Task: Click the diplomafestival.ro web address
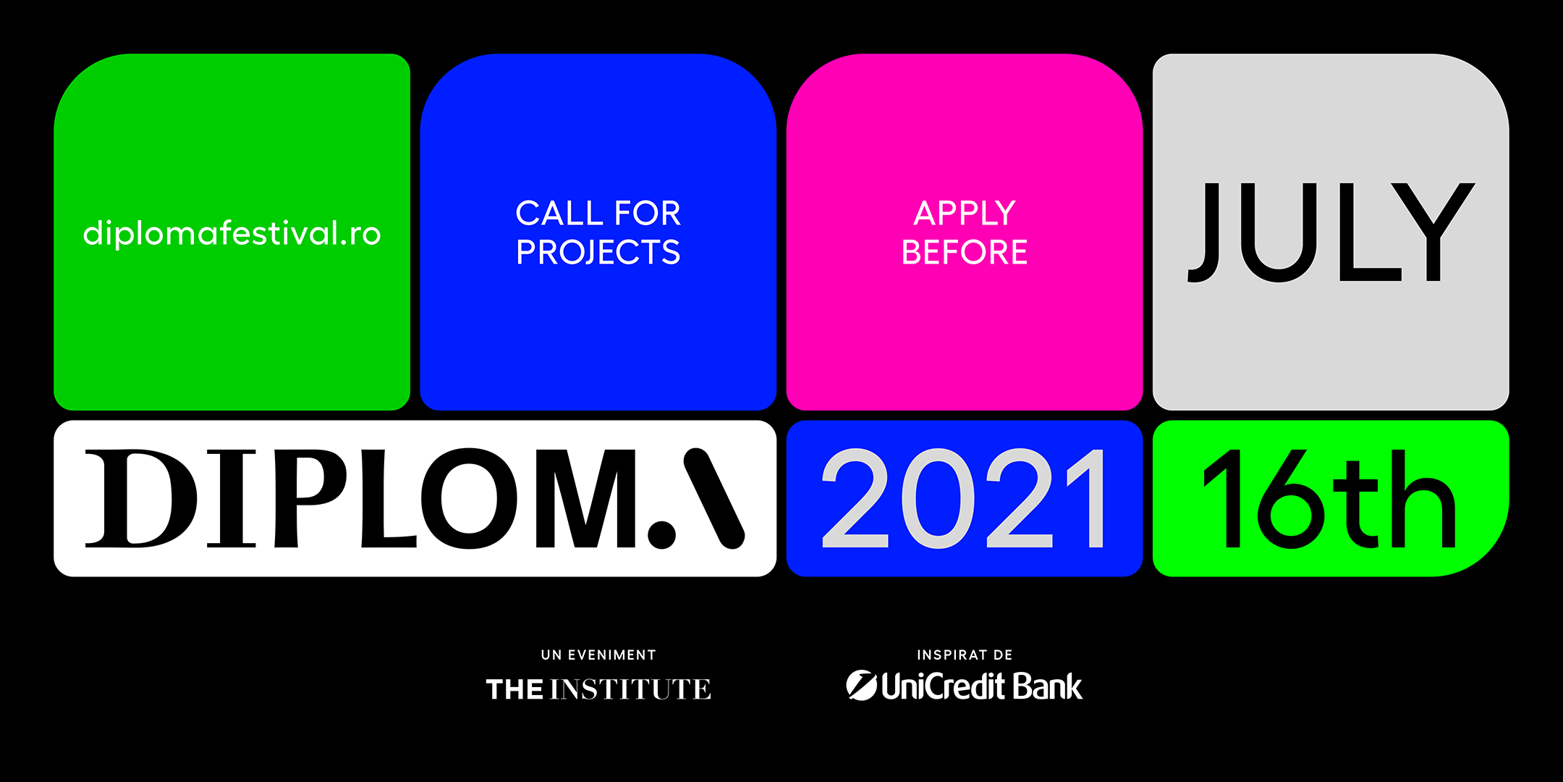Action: [x=232, y=234]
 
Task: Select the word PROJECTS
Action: [x=598, y=253]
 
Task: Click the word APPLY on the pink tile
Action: [x=965, y=214]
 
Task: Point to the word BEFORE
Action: [x=964, y=252]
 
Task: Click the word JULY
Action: [x=1331, y=232]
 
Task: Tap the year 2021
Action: [x=964, y=498]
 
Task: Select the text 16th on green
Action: [x=1329, y=498]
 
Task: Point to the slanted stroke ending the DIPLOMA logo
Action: [x=714, y=498]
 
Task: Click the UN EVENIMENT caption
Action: [x=598, y=655]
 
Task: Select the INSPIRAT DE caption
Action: [x=965, y=655]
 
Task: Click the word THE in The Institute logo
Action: [x=514, y=689]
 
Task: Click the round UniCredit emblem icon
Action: [x=862, y=686]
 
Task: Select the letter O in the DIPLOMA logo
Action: [x=470, y=498]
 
